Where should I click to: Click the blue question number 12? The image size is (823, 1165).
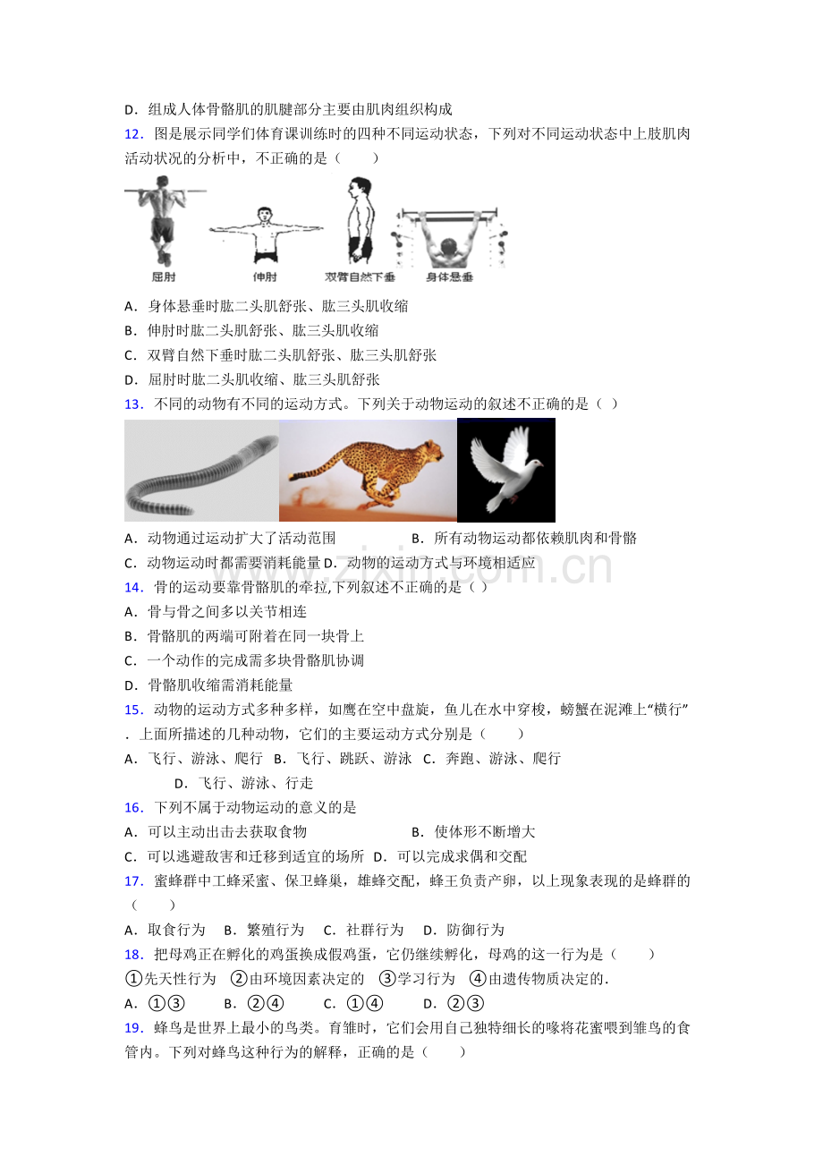pos(133,134)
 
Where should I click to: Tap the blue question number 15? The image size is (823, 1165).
pos(133,710)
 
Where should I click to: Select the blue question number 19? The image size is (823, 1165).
pos(133,1028)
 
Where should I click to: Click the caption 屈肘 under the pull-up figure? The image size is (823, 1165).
pos(163,276)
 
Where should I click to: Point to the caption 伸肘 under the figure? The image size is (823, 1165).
pos(265,276)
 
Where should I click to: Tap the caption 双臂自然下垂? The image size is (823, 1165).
pos(360,276)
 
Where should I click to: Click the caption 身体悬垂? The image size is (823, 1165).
pos(449,276)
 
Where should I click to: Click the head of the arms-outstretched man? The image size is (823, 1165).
pos(265,214)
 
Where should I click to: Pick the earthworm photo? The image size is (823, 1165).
pos(201,471)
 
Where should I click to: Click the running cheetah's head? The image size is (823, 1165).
pos(432,450)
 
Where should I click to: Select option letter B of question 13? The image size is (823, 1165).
pos(417,539)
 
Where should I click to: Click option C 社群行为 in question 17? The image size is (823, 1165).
pos(363,930)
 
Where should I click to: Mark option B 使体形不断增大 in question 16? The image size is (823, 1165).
pos(473,832)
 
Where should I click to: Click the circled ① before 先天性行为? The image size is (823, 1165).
pos(134,979)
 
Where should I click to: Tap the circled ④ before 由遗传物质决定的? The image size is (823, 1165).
pos(478,979)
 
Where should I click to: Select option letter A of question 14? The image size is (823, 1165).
pos(130,612)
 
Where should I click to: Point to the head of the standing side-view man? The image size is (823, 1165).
pos(361,188)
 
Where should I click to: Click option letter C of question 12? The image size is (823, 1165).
pos(130,356)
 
